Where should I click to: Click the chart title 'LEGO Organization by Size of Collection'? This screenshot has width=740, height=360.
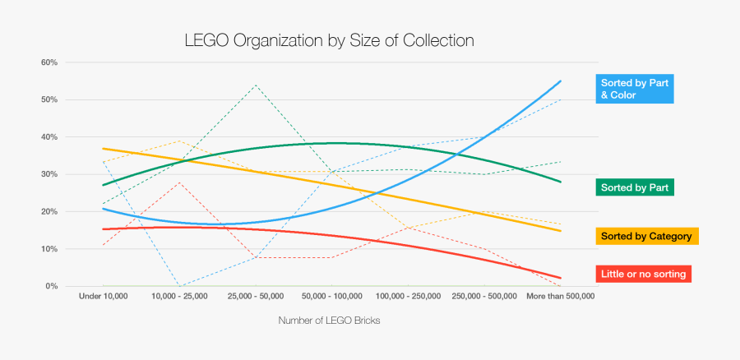click(329, 39)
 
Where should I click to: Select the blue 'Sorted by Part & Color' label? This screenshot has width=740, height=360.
click(635, 89)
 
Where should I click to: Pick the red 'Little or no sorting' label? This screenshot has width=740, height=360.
click(641, 273)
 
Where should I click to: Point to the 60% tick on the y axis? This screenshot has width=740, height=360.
click(49, 62)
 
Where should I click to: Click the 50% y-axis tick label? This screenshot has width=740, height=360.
click(49, 99)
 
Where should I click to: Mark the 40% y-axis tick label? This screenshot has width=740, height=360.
click(49, 137)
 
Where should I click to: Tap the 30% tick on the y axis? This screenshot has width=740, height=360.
click(49, 174)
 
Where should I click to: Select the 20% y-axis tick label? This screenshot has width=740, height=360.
click(49, 212)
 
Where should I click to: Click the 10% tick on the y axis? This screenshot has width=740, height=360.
click(49, 249)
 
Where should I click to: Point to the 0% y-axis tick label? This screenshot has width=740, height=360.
click(51, 286)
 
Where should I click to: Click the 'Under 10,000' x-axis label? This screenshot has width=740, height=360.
click(103, 296)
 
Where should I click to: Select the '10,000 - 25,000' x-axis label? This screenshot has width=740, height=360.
click(179, 296)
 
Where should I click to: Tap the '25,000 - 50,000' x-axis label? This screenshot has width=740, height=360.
click(256, 296)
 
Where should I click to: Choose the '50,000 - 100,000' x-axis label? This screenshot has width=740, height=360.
click(331, 296)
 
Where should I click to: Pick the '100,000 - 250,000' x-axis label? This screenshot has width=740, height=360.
click(408, 296)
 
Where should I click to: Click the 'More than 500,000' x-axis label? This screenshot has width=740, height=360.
click(561, 296)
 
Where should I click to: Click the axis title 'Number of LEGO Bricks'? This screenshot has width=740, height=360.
click(329, 321)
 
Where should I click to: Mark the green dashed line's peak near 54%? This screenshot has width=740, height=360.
click(256, 85)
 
